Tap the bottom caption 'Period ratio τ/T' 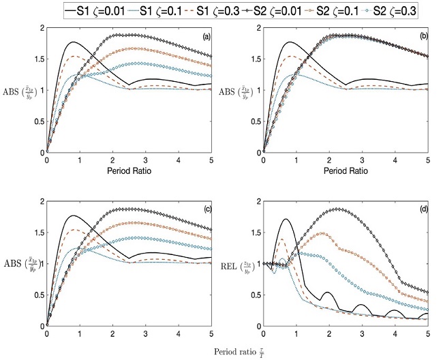[235, 351]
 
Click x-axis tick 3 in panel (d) [362, 334]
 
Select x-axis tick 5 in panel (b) [427, 160]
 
